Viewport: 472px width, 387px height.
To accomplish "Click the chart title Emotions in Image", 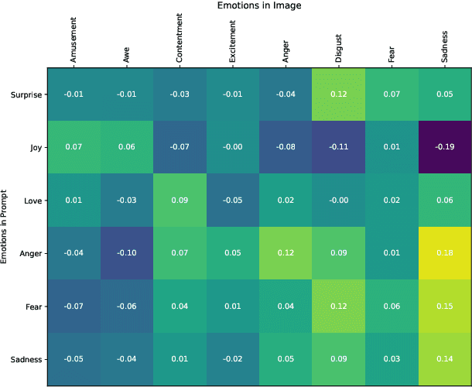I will click(x=259, y=6).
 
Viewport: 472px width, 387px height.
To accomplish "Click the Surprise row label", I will click(x=26, y=95).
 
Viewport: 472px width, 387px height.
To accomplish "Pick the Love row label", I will click(x=31, y=201).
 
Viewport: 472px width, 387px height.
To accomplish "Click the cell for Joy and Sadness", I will click(x=445, y=148).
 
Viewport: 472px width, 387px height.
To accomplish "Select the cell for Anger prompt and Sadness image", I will click(x=445, y=254).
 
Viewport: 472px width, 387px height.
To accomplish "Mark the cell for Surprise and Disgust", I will click(x=339, y=95).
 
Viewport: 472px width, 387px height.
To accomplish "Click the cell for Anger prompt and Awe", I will click(x=127, y=254).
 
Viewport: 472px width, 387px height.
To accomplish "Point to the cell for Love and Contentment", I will click(x=180, y=201).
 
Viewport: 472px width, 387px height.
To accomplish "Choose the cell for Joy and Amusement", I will click(x=74, y=148).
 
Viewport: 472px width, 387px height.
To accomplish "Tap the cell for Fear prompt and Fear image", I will click(x=392, y=307).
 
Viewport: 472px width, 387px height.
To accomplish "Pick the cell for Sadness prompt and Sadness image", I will click(x=445, y=359).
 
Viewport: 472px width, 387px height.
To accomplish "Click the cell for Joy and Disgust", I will click(x=339, y=148).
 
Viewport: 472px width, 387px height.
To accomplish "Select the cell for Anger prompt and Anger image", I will click(x=286, y=254).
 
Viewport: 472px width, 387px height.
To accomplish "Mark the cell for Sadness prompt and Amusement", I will click(x=74, y=359).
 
